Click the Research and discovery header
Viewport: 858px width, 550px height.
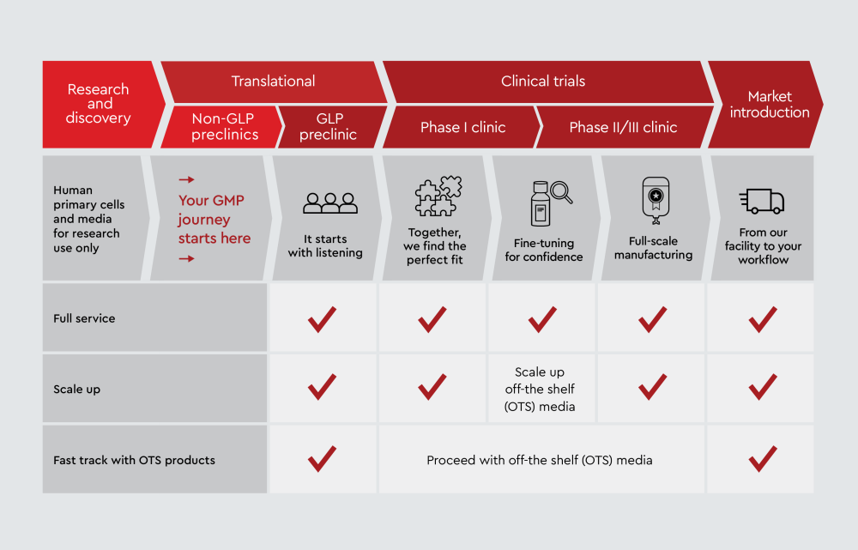[x=98, y=104]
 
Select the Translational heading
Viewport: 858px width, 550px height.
[x=273, y=82]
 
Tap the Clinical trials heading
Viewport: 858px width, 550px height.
[x=543, y=82]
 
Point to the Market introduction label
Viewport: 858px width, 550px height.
[x=770, y=104]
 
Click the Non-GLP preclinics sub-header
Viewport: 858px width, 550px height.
[x=224, y=126]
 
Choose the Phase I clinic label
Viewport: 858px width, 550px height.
[x=463, y=128]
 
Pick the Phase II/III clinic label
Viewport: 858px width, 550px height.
[x=623, y=128]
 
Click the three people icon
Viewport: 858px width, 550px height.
[x=330, y=203]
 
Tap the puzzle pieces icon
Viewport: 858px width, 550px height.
[x=438, y=196]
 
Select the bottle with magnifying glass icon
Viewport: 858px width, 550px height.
[x=551, y=203]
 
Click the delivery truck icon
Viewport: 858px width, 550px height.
[x=762, y=201]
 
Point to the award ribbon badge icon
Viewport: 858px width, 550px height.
[x=656, y=200]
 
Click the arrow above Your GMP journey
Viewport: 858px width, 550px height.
[x=186, y=179]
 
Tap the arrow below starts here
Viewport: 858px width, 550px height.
[x=186, y=258]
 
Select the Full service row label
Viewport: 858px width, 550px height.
[x=84, y=318]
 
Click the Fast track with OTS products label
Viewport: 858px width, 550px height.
[x=134, y=460]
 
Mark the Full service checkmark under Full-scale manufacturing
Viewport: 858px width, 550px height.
[x=652, y=319]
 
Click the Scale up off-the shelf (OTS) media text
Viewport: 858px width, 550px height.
[x=540, y=389]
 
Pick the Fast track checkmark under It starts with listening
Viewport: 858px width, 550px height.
[x=322, y=458]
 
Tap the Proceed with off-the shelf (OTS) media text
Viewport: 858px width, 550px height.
[x=540, y=460]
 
